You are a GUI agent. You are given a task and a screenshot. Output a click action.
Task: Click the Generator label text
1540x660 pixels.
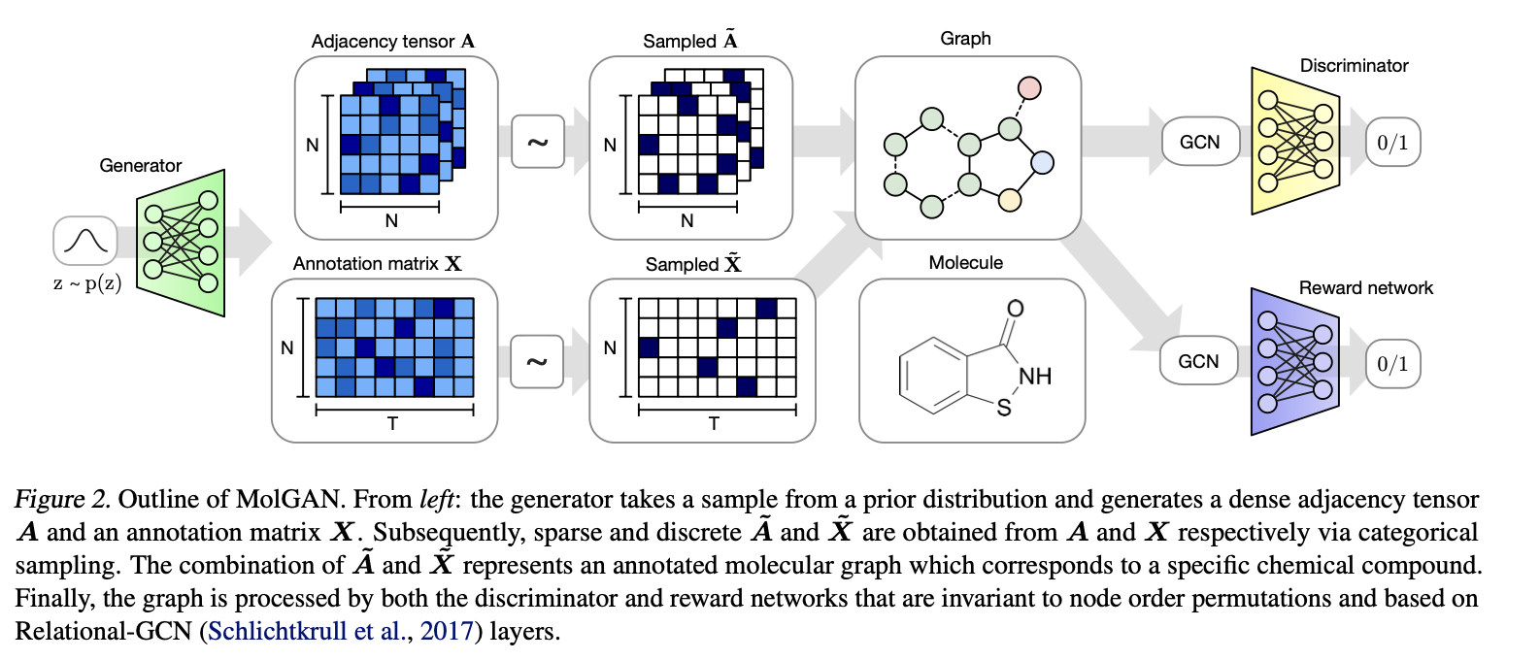point(141,166)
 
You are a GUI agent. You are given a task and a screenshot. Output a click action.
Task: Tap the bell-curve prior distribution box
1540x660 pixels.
point(85,241)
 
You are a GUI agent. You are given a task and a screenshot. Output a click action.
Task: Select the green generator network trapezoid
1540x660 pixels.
point(182,243)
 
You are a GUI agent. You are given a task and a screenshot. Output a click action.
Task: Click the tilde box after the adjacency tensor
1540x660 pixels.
point(538,143)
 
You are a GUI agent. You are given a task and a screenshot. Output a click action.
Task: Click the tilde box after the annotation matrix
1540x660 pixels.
point(537,362)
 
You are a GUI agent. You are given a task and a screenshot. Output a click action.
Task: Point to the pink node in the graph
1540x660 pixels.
point(1029,88)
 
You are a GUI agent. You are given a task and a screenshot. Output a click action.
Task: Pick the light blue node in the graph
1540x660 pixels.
point(1042,162)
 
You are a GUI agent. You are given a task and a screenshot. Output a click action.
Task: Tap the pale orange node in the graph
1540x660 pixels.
point(1010,200)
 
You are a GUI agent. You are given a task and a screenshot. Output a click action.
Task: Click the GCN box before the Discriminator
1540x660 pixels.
point(1200,143)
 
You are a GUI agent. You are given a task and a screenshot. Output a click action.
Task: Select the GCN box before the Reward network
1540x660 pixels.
point(1198,362)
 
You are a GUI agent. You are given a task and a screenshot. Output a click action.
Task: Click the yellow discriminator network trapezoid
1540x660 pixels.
point(1294,141)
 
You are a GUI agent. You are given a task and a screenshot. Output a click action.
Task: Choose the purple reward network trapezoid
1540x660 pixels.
point(1294,361)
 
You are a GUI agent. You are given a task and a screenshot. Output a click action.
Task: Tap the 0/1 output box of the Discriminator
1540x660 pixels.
point(1392,143)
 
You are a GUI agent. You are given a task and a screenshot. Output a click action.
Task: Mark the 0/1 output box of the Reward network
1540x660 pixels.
point(1392,364)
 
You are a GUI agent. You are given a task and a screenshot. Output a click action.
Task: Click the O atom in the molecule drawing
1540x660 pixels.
point(1015,309)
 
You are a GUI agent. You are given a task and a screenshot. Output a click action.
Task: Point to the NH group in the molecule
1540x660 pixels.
point(1035,377)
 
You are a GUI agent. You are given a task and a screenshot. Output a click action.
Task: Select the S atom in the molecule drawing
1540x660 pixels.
point(1004,409)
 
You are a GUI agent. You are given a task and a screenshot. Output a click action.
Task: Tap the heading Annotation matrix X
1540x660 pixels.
point(378,264)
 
